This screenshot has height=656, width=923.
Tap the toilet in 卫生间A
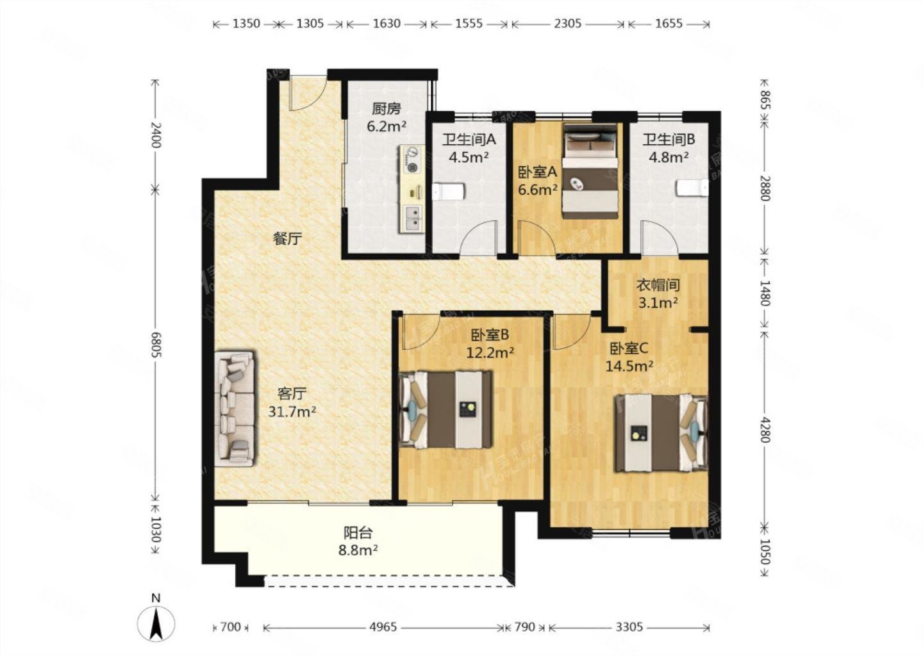(448, 192)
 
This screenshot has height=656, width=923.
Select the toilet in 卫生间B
(692, 188)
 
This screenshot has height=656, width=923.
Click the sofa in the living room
(234, 409)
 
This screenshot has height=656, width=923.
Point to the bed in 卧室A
(591, 171)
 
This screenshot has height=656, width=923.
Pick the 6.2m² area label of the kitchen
(387, 126)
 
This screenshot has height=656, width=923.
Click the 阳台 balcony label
(358, 533)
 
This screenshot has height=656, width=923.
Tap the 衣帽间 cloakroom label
(658, 285)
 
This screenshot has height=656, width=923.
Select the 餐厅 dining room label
(288, 238)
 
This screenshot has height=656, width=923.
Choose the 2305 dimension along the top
(567, 24)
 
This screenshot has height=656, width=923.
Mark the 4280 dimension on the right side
(765, 430)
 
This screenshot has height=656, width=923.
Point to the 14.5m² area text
(629, 366)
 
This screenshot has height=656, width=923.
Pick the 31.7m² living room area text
(292, 411)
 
